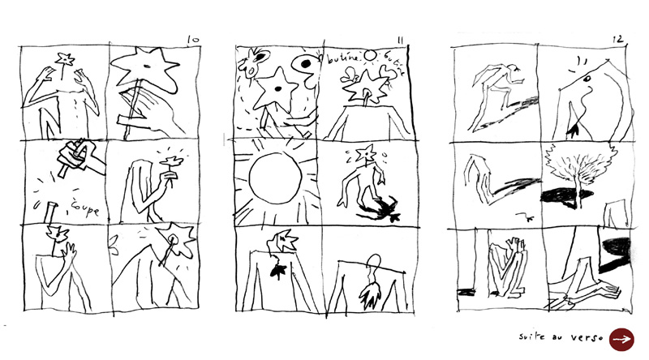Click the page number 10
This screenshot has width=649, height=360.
pos(192,38)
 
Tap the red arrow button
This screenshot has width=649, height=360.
pos(621,339)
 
